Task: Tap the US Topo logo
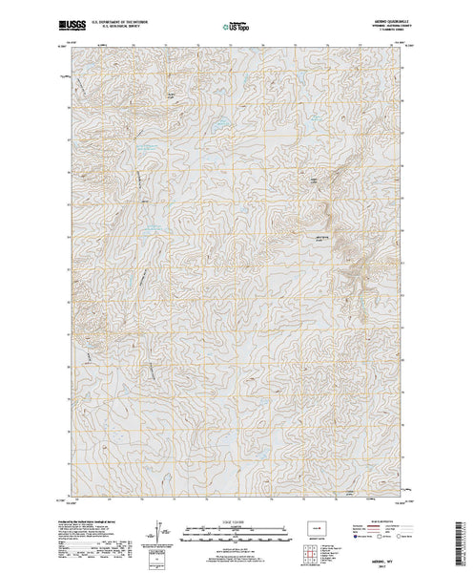237,18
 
